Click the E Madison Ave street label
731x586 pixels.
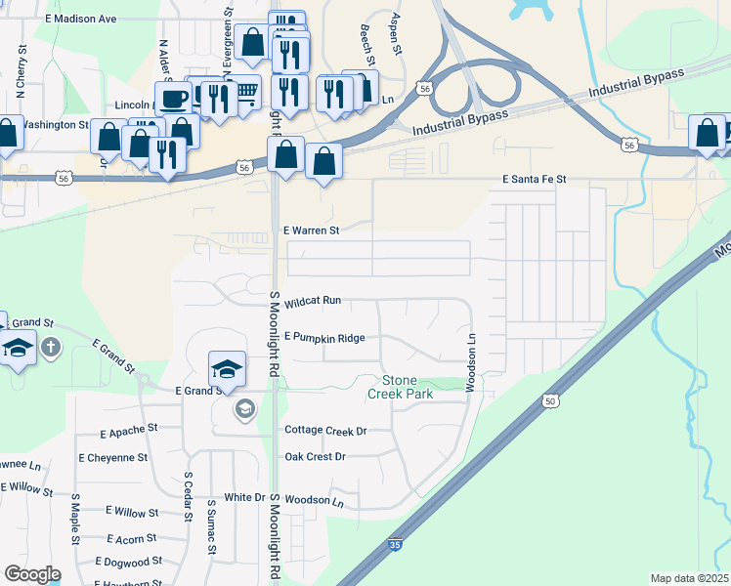point(81,19)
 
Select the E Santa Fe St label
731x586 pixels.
point(535,180)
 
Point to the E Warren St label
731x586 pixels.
point(311,230)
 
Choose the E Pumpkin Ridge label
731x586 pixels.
point(324,338)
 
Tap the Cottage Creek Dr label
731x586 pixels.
point(325,430)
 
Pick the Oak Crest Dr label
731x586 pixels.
point(315,456)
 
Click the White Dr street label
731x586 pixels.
point(245,497)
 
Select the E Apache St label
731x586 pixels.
point(129,430)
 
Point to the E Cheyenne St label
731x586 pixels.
point(113,457)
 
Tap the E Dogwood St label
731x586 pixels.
point(129,562)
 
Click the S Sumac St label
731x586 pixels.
point(210,528)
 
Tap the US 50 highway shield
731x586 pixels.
point(552,401)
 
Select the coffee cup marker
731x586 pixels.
point(174,99)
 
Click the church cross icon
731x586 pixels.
point(50,347)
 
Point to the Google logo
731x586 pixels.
point(31,574)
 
